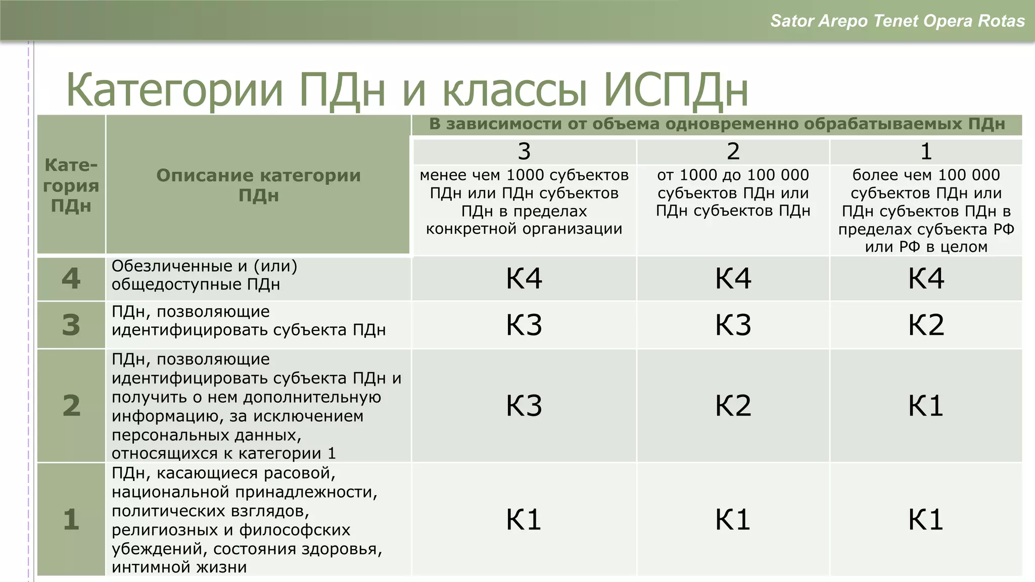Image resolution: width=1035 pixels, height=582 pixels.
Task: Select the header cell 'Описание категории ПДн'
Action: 258,185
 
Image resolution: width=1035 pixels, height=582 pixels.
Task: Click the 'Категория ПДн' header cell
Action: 71,185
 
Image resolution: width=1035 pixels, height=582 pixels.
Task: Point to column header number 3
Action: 524,151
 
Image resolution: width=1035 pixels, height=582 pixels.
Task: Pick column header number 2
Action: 733,151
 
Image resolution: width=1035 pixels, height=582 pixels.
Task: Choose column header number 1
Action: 926,151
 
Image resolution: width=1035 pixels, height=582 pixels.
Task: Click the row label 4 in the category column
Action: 71,278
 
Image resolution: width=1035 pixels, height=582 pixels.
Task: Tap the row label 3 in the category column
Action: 71,324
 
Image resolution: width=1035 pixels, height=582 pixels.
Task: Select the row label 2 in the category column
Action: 71,405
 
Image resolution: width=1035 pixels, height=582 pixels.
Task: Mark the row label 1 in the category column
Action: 71,519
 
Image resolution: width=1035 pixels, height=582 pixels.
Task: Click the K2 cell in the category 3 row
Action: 926,324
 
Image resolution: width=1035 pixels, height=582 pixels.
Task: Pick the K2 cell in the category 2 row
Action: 733,405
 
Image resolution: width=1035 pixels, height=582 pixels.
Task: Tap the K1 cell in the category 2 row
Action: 926,405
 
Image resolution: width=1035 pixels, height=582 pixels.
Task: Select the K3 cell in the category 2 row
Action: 524,405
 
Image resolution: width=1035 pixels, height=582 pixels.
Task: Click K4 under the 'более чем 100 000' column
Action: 926,278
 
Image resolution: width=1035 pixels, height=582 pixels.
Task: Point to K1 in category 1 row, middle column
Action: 733,519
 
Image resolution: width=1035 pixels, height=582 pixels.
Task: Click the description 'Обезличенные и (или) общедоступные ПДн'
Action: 204,275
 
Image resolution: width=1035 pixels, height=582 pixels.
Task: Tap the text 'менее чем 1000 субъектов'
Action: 524,175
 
